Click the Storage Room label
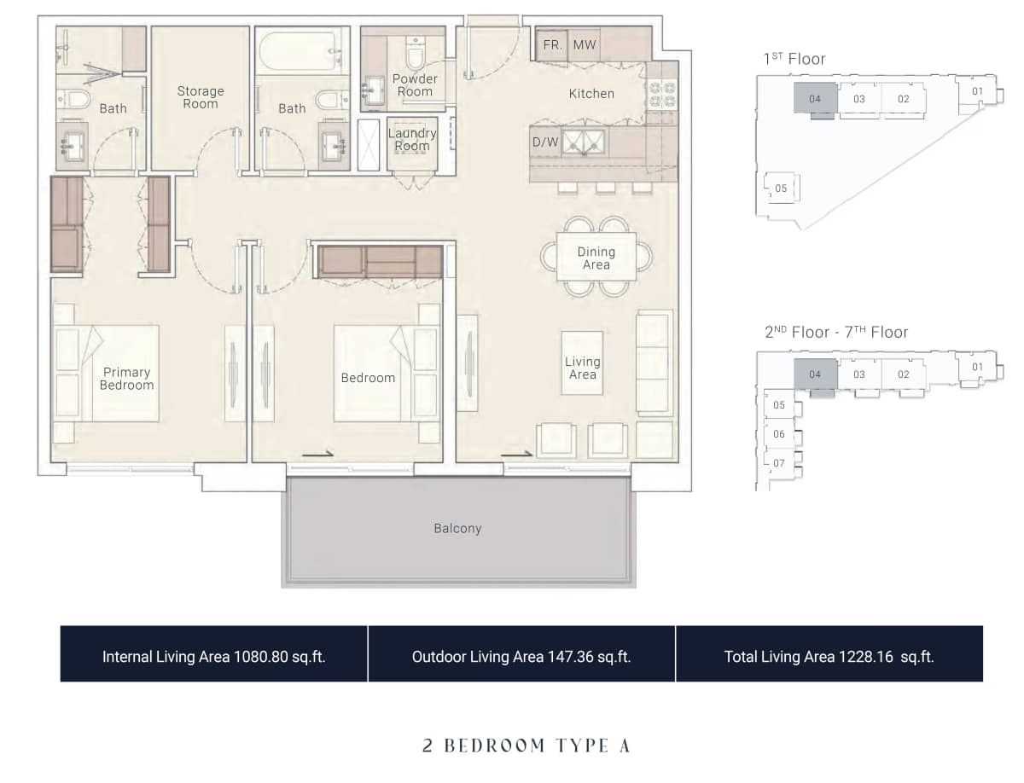[x=201, y=97]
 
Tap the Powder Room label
[x=415, y=85]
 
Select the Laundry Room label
[x=412, y=139]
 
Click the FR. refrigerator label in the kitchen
[x=552, y=45]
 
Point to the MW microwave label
[x=585, y=45]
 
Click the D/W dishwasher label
[x=545, y=142]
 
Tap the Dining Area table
[x=596, y=258]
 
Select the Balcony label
[x=457, y=529]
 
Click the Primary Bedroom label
[x=126, y=379]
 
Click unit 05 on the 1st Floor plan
[x=781, y=188]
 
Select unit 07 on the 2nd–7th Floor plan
[x=779, y=463]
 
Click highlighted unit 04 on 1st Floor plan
[x=815, y=99]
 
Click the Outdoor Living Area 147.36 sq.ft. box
[x=521, y=654]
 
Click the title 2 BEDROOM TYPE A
[x=526, y=745]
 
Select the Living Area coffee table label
[x=582, y=368]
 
